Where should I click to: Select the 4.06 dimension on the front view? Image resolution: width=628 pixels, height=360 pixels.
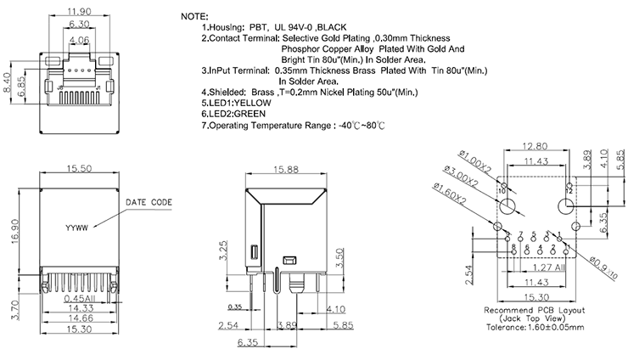(78, 40)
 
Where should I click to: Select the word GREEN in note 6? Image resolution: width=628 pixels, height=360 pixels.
(254, 113)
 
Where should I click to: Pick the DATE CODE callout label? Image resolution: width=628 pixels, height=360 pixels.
(149, 203)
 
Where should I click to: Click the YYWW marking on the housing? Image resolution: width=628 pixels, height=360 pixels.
(78, 228)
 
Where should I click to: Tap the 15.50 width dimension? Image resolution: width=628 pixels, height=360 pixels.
(76, 170)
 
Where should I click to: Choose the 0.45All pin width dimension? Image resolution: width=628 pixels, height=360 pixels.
(77, 298)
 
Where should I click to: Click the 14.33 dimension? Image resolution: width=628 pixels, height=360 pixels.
(77, 310)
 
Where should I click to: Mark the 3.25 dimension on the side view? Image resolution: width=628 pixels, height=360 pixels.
(221, 251)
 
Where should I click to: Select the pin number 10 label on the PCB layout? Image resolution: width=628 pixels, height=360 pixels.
(502, 192)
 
